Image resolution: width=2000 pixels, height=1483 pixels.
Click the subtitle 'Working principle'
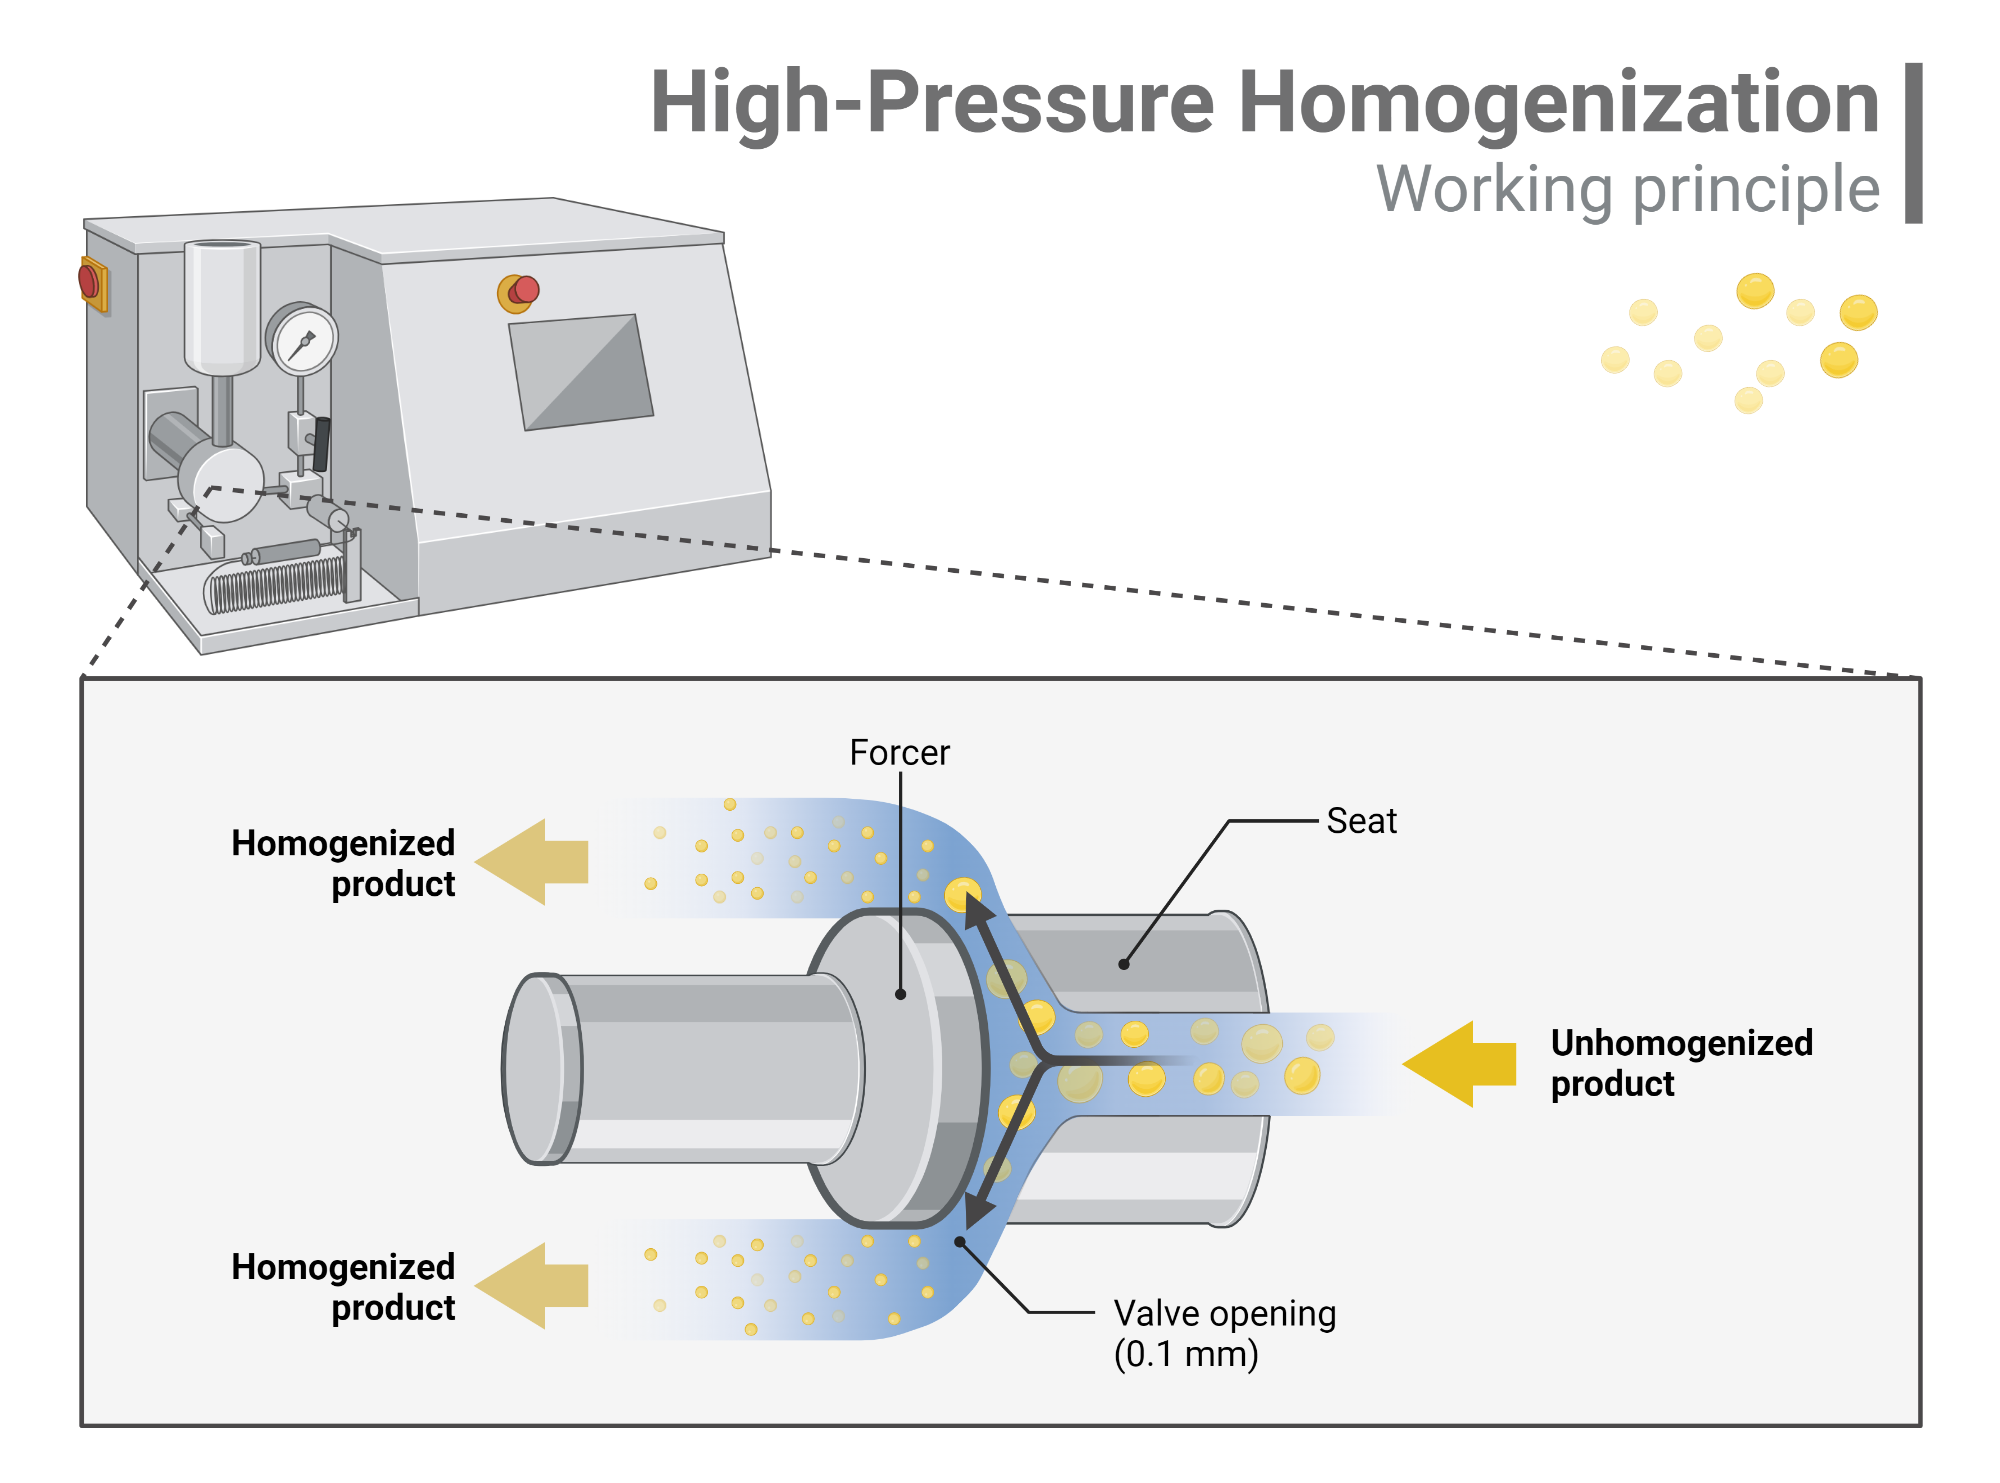(x=1628, y=189)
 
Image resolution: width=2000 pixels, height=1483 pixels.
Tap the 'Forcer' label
(x=899, y=752)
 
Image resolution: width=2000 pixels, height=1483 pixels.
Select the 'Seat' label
(x=1360, y=821)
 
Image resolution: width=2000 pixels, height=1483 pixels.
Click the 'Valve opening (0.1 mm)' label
(x=1224, y=1333)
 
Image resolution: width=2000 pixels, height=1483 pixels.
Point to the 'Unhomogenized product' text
(x=1680, y=1063)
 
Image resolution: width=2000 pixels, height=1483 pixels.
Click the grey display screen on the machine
(x=580, y=373)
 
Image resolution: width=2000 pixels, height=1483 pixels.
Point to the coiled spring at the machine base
(x=275, y=585)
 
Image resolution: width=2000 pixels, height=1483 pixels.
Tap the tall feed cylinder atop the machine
(x=222, y=305)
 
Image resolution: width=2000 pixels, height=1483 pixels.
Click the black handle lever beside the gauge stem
(x=321, y=444)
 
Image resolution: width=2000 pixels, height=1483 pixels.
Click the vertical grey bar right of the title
(x=1913, y=143)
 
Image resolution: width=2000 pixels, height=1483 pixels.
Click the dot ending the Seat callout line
(x=1124, y=964)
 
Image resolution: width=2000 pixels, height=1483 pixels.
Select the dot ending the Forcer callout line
(x=900, y=994)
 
